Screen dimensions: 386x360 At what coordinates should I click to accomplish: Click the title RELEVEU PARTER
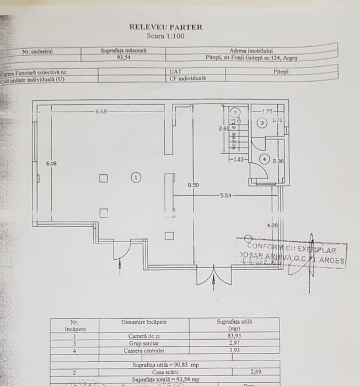165,26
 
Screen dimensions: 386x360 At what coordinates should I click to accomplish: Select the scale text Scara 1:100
165,36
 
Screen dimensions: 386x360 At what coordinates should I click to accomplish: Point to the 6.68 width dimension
101,112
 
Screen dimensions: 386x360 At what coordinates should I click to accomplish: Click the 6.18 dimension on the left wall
51,164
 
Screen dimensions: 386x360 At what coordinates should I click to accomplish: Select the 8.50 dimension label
193,185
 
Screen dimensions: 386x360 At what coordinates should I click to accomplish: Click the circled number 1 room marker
136,177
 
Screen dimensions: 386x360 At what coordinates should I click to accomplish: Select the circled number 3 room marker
262,122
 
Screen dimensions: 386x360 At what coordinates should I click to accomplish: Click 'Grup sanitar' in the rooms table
144,342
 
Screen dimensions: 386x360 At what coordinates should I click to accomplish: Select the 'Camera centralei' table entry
144,350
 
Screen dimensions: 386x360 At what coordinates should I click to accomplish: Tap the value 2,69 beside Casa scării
256,372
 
